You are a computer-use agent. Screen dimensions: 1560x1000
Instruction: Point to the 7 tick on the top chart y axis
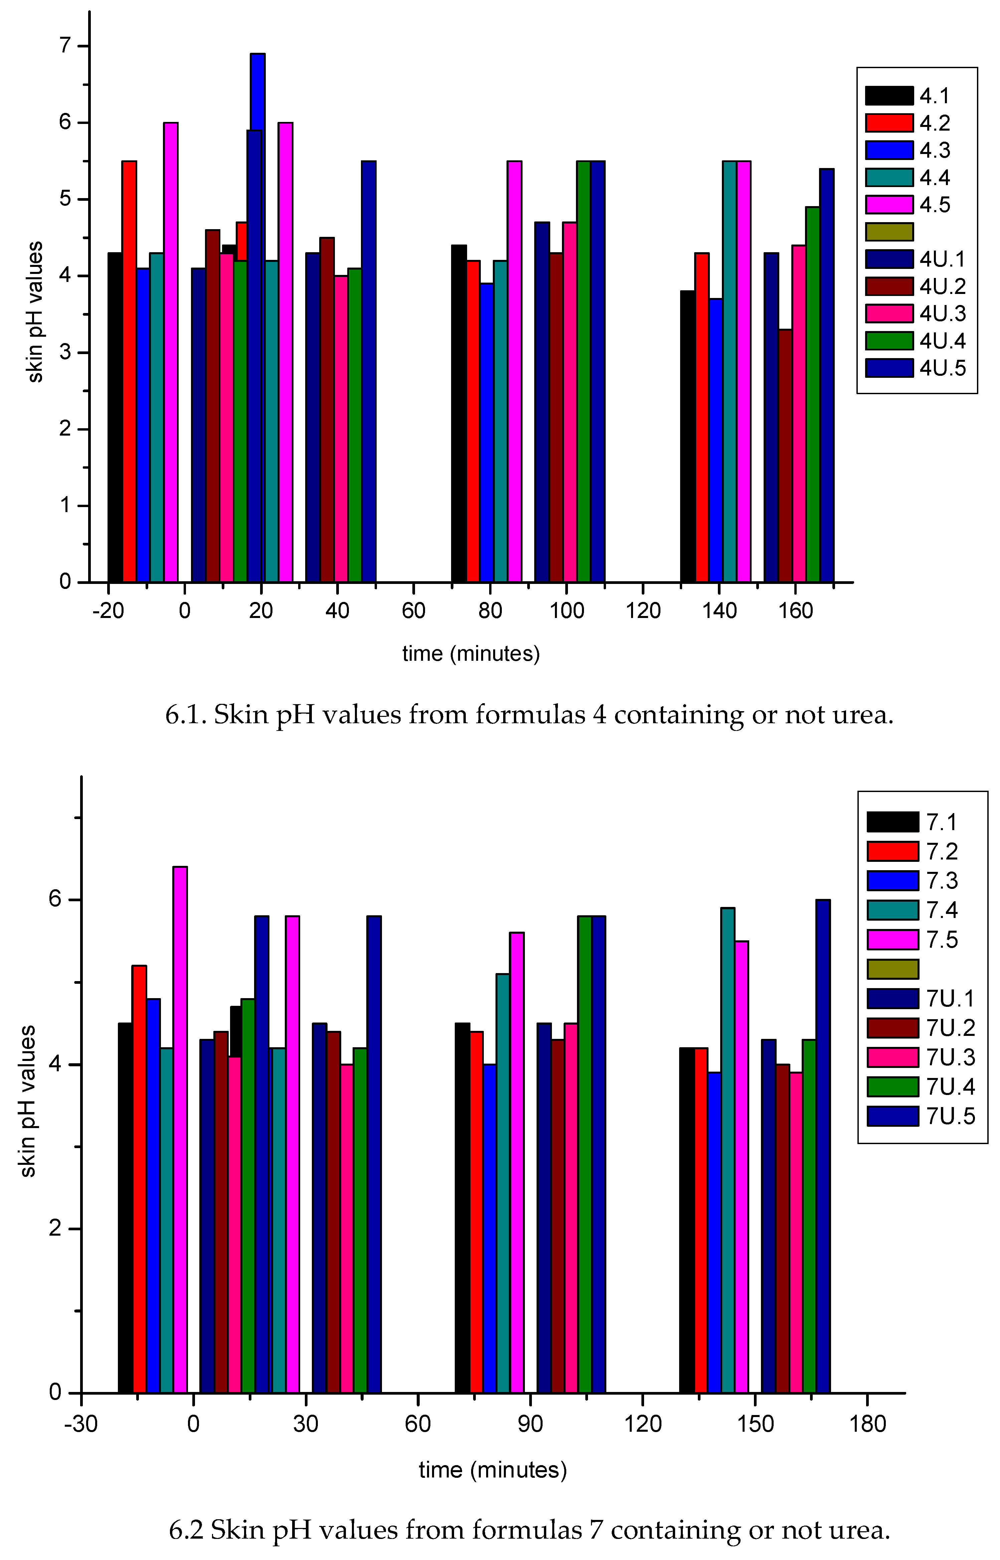coord(65,46)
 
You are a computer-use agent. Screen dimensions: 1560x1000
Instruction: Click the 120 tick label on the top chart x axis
coord(643,611)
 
